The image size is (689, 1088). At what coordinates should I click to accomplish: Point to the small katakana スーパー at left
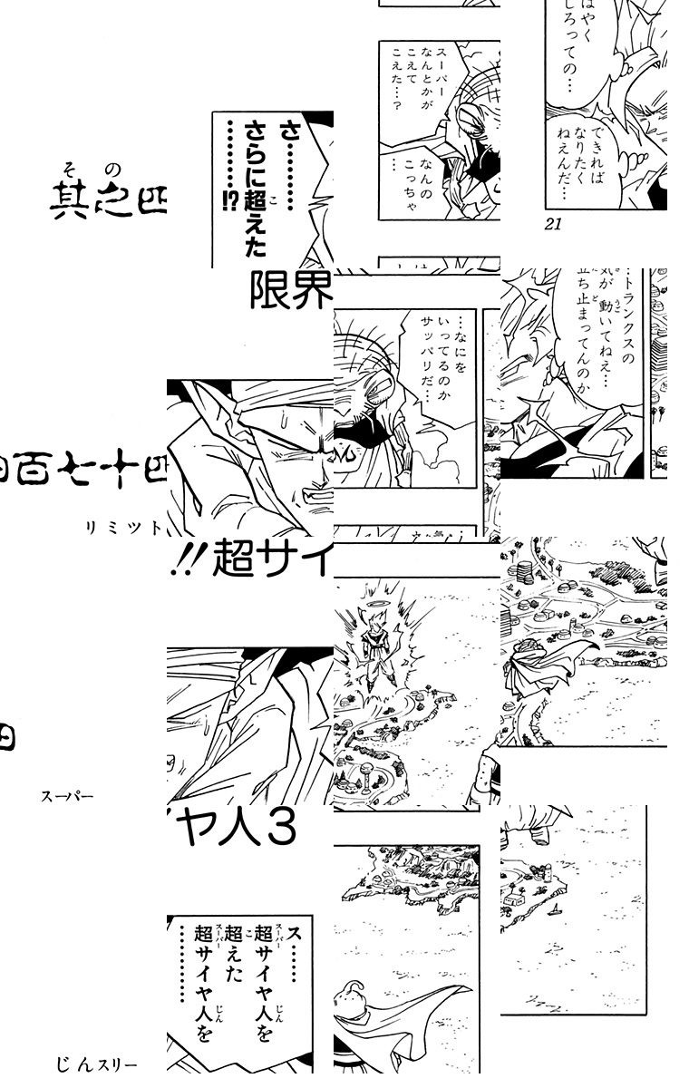coord(67,799)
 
